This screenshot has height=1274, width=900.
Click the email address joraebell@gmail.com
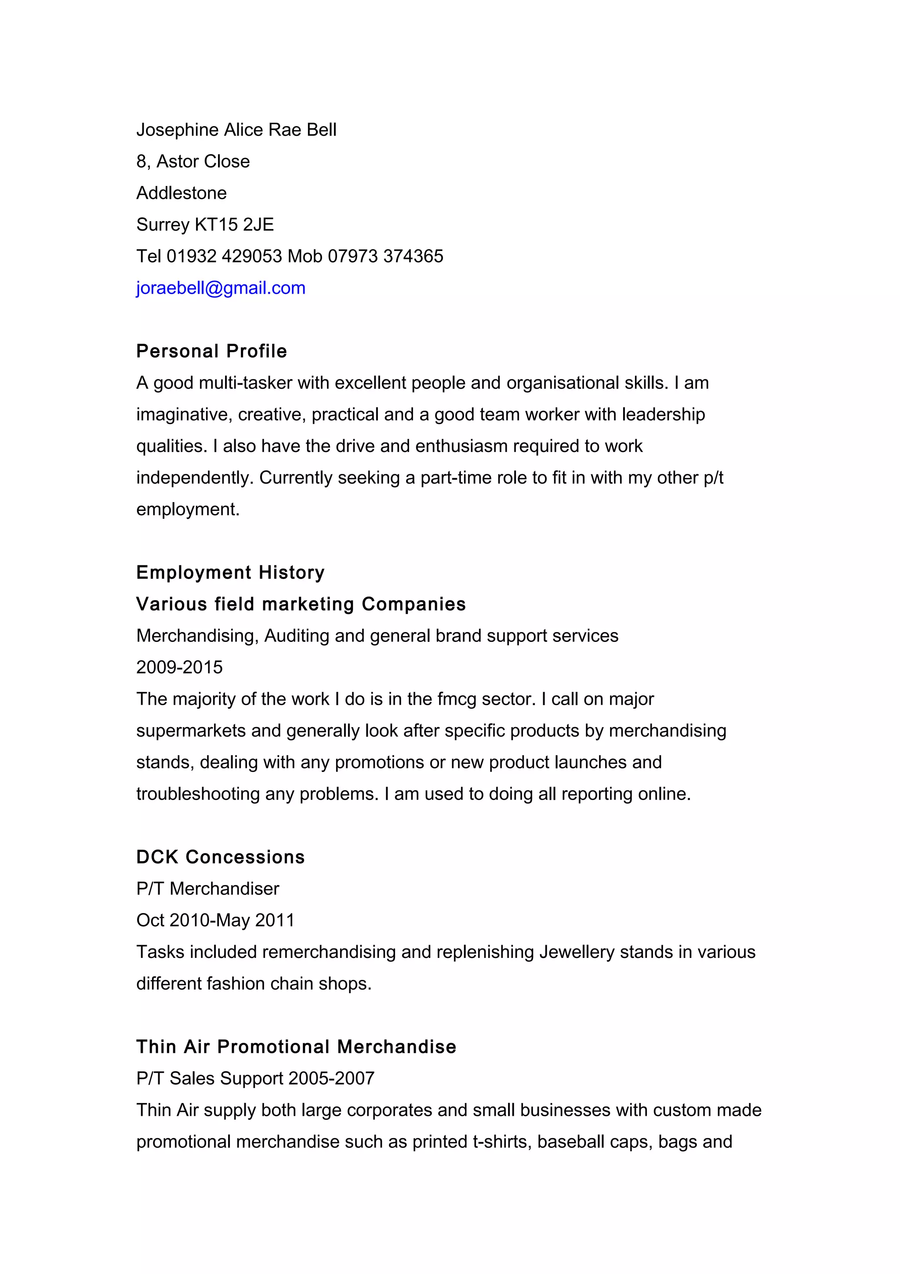tap(221, 288)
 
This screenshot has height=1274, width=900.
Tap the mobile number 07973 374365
tap(385, 256)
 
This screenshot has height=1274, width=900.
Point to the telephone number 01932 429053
tap(224, 256)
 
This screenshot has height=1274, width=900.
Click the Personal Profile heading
tap(211, 351)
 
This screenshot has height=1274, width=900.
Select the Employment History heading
tap(230, 573)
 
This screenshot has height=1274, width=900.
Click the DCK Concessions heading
tap(220, 857)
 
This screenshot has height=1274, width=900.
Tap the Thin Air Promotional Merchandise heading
tap(296, 1047)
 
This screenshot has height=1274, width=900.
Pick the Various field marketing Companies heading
tap(301, 604)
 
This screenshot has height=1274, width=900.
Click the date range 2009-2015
tap(179, 667)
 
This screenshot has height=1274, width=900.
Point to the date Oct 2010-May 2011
tap(215, 921)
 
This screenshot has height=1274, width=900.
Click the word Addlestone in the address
tap(181, 193)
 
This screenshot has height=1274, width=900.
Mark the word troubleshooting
tap(198, 794)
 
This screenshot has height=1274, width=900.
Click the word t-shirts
tap(502, 1142)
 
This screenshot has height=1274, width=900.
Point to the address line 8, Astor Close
tap(193, 161)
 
